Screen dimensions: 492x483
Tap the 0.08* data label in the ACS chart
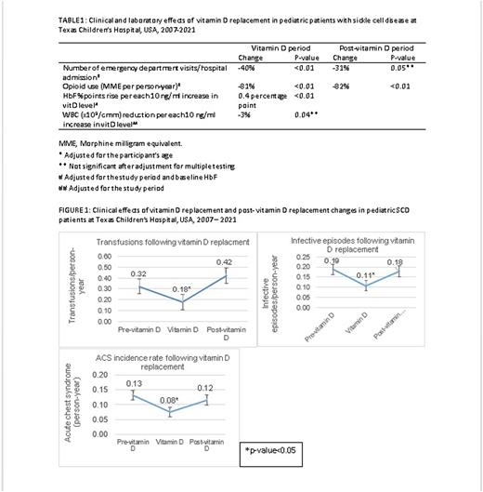tap(167, 400)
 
